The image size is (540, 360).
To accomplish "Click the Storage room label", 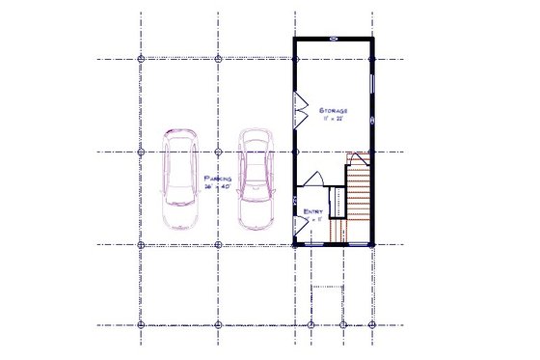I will tap(333, 112).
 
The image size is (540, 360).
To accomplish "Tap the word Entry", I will tap(312, 210).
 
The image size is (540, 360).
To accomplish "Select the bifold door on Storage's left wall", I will tap(299, 108).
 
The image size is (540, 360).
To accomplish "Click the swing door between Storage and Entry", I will tap(312, 180).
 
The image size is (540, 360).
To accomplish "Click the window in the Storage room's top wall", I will tap(333, 39).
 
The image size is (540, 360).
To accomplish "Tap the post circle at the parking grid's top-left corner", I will tap(142, 59).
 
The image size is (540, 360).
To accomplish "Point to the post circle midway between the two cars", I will tap(218, 152).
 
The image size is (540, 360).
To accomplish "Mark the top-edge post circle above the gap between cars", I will tap(218, 59).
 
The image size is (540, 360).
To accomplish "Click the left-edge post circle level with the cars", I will tap(142, 152).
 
